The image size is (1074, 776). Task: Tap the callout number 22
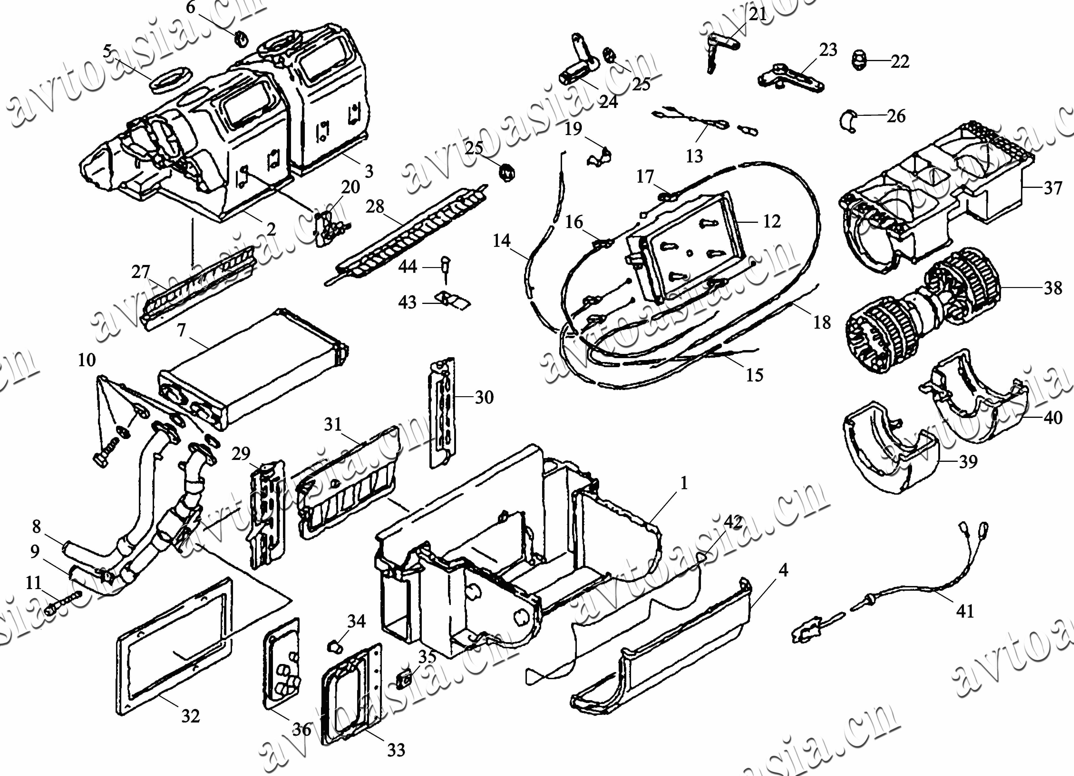click(x=900, y=62)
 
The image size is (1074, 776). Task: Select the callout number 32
click(x=191, y=716)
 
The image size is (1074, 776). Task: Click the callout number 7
click(x=181, y=330)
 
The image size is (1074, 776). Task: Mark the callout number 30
click(x=484, y=397)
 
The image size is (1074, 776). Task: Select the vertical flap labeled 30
click(x=443, y=412)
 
